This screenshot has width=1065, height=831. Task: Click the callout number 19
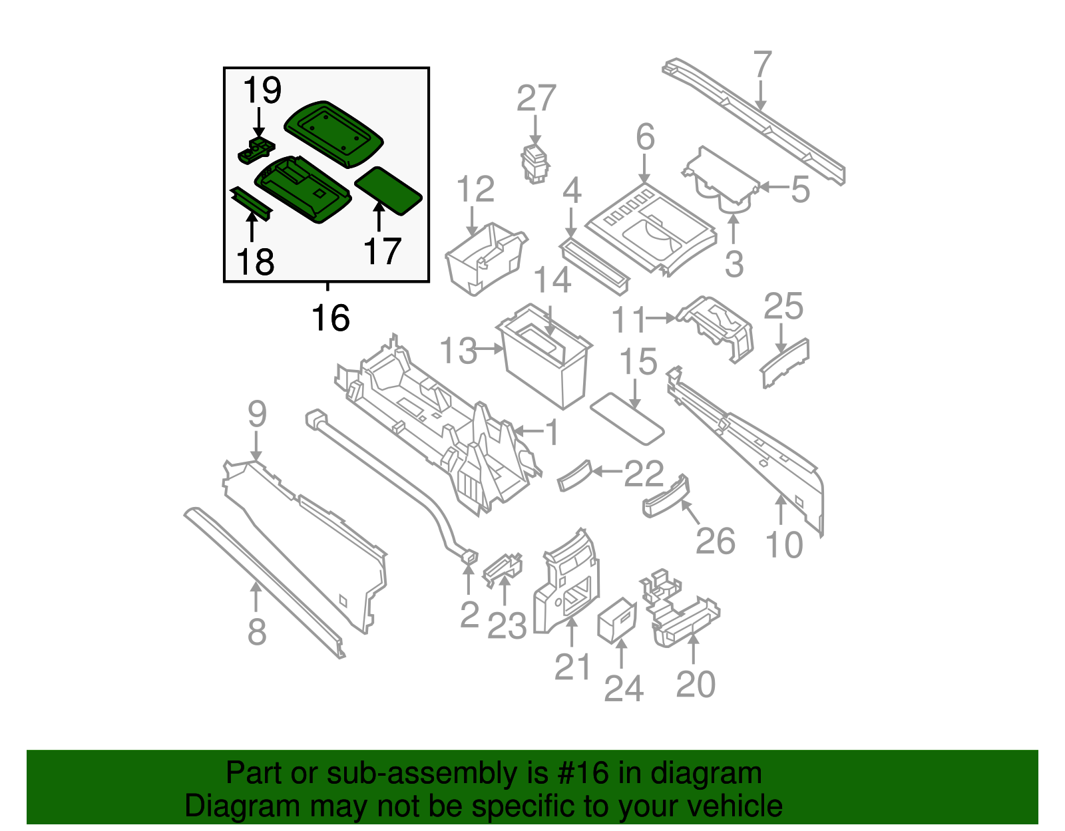pos(262,90)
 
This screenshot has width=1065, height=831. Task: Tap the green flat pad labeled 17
pos(389,190)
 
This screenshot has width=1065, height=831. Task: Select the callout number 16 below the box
pos(331,318)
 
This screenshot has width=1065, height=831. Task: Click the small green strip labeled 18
pos(252,204)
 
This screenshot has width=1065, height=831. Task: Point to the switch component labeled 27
pos(534,163)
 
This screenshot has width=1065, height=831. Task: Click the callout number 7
pos(762,65)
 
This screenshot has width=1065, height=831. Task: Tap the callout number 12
pos(475,190)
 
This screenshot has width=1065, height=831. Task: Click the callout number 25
pos(783,307)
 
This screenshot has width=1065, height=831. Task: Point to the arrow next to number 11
pos(662,319)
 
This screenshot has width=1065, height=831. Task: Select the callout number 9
pos(257,415)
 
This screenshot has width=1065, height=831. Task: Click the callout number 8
pos(257,632)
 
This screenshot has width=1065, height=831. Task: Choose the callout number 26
pos(716,541)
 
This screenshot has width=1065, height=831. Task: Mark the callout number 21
pos(572,667)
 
